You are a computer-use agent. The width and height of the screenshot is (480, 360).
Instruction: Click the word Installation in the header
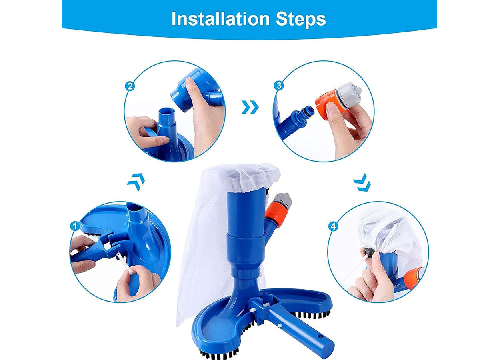point(220,19)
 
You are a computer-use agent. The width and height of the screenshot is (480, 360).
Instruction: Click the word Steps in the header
point(301,19)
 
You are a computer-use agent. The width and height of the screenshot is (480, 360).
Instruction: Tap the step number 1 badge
point(75,226)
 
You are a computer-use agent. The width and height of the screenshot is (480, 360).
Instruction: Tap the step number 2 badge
point(130,86)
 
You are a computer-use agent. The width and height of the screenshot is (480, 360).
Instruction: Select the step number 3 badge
point(279,86)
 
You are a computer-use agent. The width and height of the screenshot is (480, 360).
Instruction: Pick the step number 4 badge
point(333,226)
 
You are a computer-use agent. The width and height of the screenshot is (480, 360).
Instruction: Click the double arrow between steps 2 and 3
point(250,107)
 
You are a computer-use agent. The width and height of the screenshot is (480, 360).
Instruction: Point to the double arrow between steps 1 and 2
point(136,182)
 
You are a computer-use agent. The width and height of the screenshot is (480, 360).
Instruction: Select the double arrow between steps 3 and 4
point(362,183)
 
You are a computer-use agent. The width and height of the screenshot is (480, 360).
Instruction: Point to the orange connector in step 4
point(413,278)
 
